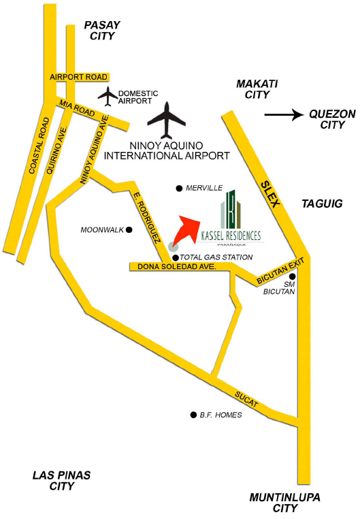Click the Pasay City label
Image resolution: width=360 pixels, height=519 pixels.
tap(101, 31)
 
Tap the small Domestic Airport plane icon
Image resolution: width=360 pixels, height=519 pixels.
tap(108, 96)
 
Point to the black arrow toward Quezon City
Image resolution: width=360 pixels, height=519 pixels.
tap(283, 115)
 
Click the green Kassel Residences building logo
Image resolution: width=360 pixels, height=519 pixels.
tap(232, 210)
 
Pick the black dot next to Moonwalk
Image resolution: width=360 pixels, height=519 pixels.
tap(129, 230)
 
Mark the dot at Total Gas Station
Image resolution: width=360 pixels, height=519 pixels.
tap(176, 257)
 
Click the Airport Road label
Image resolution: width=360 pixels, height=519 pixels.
tap(79, 78)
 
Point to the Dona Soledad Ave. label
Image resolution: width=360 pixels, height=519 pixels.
tap(177, 267)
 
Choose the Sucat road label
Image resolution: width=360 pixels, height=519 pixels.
tap(247, 399)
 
